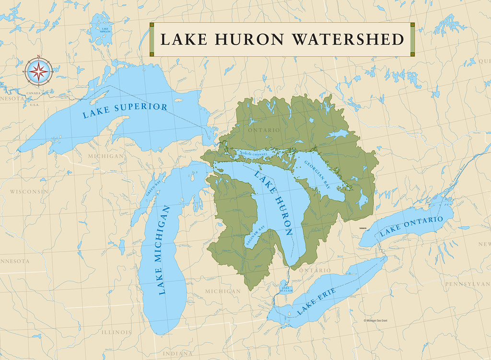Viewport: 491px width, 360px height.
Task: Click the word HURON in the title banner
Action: pos(253,39)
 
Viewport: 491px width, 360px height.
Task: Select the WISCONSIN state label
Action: pos(29,191)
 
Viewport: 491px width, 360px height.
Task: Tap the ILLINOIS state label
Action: pos(116,332)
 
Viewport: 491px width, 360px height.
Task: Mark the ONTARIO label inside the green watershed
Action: pos(264,130)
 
